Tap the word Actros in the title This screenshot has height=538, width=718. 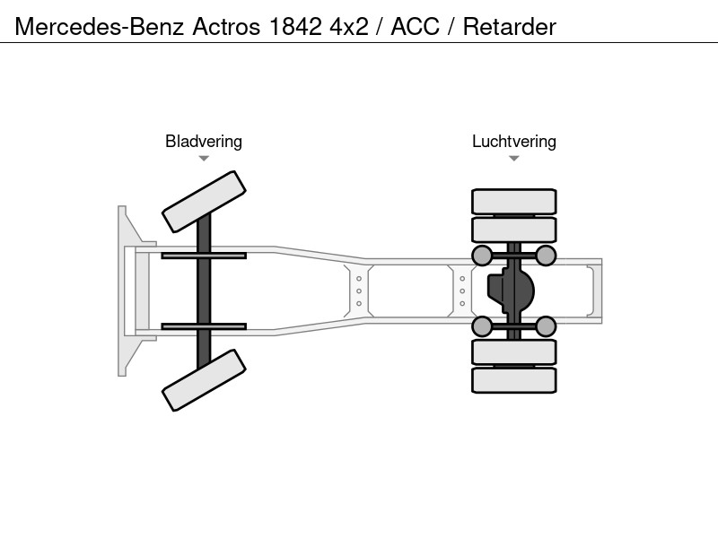coord(226,27)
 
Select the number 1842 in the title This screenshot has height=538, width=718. coord(295,27)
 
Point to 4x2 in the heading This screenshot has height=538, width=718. coord(349,27)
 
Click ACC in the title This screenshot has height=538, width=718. coord(415,27)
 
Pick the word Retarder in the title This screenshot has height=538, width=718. coord(510,27)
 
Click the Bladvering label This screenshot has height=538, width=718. coord(204,142)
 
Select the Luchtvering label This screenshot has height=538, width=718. coord(514,142)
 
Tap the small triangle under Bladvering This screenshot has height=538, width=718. coord(204,159)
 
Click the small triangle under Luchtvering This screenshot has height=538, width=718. coord(513,159)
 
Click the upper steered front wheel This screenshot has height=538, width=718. coord(205,202)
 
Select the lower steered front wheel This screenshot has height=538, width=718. coord(205,380)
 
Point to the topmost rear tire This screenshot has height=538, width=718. coord(514,202)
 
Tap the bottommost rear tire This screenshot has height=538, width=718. coord(514,380)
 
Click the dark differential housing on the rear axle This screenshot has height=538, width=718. coord(511,291)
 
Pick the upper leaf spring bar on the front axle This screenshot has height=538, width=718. coord(204,256)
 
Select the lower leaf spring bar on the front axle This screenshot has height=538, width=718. coord(204,326)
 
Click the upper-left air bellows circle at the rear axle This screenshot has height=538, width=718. coord(482,256)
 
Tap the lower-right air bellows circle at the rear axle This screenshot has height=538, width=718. coord(546,326)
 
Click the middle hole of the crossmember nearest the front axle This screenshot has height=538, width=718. coord(359,291)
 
